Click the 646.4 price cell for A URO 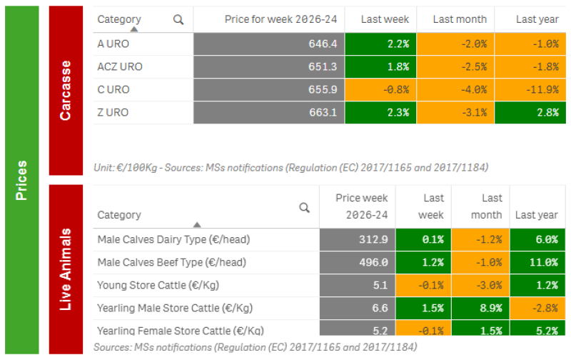[x=269, y=44]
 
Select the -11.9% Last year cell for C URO [x=530, y=89]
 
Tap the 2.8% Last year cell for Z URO [x=530, y=113]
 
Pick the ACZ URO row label [x=120, y=66]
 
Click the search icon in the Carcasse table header [x=178, y=20]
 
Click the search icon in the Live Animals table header [x=304, y=208]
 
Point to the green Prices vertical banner [x=22, y=180]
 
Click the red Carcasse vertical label [x=66, y=91]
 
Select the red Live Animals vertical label [x=66, y=269]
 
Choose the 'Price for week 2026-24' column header [x=281, y=19]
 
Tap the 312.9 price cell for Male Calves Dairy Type [x=358, y=240]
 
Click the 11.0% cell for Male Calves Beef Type [x=537, y=263]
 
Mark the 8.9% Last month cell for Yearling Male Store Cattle [x=480, y=309]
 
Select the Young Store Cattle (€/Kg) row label [x=158, y=285]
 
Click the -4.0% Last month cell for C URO [x=455, y=89]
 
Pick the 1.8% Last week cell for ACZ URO [x=380, y=66]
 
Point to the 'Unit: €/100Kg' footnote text [x=126, y=168]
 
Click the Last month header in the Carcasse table [x=460, y=19]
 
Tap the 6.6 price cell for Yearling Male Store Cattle [x=358, y=309]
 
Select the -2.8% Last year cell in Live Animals [x=537, y=309]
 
